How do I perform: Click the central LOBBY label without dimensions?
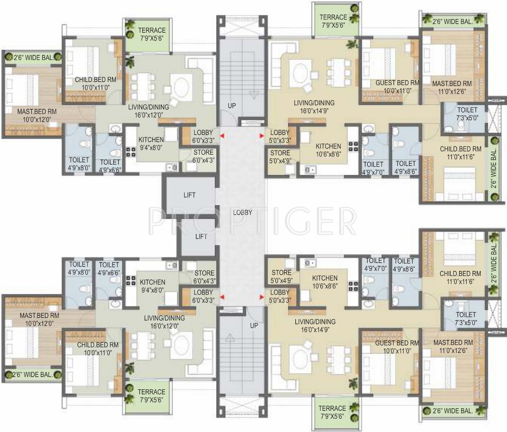click(x=242, y=213)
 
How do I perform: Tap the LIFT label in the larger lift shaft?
click(x=189, y=195)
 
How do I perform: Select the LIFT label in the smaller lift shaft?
click(x=201, y=236)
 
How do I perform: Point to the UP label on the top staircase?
click(x=232, y=106)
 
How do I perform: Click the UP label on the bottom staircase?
click(x=254, y=326)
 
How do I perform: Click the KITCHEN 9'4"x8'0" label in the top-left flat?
click(x=151, y=143)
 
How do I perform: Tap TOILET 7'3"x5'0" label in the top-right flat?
click(x=467, y=114)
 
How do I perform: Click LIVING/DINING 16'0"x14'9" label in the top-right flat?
click(x=314, y=107)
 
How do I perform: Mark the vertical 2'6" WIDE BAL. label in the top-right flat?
click(x=494, y=168)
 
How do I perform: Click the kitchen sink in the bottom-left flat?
click(x=171, y=265)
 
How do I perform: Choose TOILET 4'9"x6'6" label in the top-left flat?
click(x=110, y=166)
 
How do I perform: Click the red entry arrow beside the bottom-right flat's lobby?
click(x=261, y=296)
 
